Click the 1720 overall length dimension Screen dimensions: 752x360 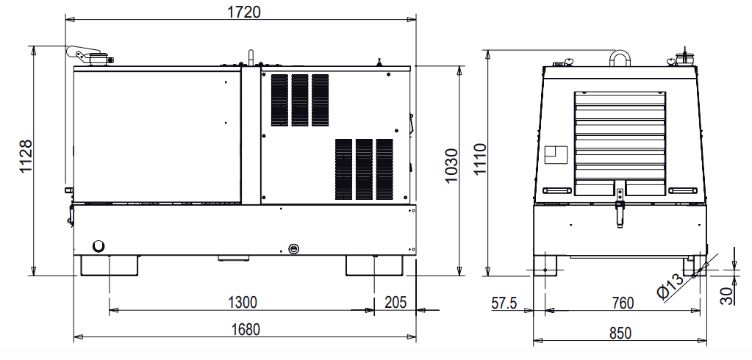tap(244, 11)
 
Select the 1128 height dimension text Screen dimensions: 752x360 tap(26, 156)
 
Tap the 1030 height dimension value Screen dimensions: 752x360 tap(451, 166)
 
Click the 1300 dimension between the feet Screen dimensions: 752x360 tap(242, 303)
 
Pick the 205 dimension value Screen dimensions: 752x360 tap(395, 302)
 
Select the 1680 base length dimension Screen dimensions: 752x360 tap(246, 329)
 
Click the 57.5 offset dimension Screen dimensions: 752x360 tap(504, 303)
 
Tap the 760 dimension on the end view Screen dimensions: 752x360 tap(623, 303)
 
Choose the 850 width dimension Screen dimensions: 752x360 tap(620, 333)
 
